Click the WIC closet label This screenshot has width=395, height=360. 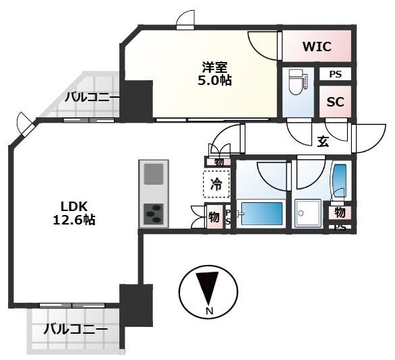click(317, 47)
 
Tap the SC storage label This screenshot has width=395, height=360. click(335, 102)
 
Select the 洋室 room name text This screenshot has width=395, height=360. click(215, 67)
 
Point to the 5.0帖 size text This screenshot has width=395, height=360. click(215, 80)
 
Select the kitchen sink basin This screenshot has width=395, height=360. click(153, 173)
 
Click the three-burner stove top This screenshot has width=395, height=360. click(153, 214)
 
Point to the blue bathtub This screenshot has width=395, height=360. click(263, 214)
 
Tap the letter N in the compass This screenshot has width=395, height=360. click(209, 311)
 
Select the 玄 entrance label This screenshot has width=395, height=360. click(324, 141)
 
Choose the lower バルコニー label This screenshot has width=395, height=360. click(75, 330)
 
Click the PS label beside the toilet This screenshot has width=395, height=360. click(335, 75)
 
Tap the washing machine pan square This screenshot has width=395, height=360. click(309, 214)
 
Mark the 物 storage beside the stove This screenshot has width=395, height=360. click(214, 217)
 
